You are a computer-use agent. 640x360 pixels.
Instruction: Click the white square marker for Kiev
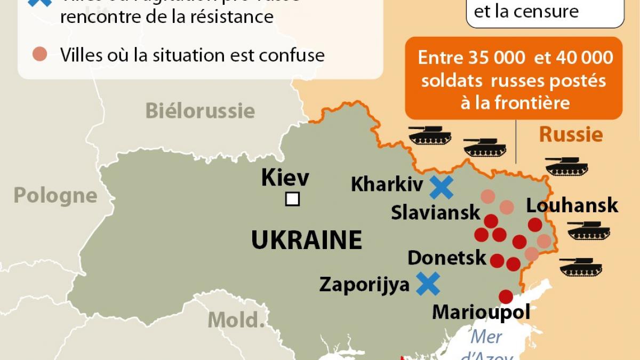click(292, 199)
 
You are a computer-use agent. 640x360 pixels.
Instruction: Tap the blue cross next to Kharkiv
click(442, 187)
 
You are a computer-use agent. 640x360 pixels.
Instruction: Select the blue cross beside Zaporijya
click(428, 284)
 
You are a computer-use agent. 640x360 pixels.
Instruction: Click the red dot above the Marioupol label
click(506, 297)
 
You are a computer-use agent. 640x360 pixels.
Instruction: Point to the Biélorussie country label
click(200, 111)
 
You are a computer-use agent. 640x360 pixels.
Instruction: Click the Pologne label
click(55, 196)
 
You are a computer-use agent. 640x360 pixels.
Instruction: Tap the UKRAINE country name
click(307, 241)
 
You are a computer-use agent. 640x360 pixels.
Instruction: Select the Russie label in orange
click(571, 134)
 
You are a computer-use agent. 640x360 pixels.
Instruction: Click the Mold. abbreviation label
click(236, 319)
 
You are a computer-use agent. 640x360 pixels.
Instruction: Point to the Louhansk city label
click(572, 205)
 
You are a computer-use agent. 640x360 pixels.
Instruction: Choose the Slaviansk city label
click(436, 212)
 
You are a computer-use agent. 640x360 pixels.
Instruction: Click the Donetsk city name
click(447, 258)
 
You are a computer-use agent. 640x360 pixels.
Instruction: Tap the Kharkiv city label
click(387, 185)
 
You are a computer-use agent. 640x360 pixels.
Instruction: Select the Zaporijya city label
click(364, 284)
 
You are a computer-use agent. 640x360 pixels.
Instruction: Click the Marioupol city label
click(481, 312)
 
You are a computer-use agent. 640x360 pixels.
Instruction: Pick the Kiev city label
click(285, 178)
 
